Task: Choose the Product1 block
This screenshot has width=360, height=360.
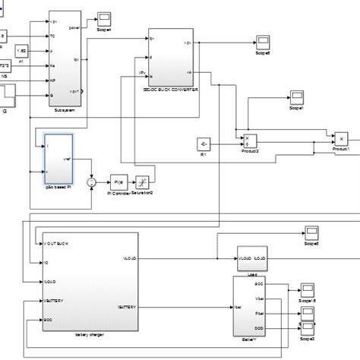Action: (342, 139)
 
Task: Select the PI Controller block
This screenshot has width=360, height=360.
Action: (118, 182)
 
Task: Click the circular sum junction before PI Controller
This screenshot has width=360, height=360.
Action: (92, 182)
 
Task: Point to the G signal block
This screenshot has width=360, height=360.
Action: (11, 95)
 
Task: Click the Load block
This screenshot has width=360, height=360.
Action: (251, 257)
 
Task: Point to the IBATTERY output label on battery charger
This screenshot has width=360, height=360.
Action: (127, 307)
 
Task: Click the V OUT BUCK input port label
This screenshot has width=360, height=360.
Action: (57, 243)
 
